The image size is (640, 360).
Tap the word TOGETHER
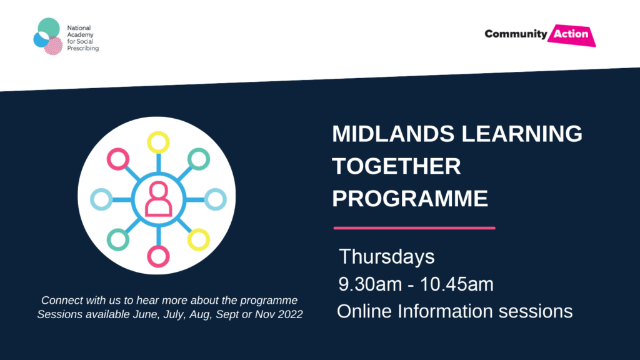[396, 166]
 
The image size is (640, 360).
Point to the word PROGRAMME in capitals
[410, 198]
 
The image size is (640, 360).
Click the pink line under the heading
[414, 228]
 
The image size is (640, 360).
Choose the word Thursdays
[386, 257]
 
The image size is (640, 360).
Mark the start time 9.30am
[370, 284]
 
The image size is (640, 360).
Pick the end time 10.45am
[457, 284]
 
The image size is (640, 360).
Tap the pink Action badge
[571, 35]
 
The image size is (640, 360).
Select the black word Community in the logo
[516, 34]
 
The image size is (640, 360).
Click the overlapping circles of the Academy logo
[48, 36]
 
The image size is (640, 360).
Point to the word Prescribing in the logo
[83, 49]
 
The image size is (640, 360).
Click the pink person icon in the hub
[158, 199]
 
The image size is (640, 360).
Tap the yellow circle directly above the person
[158, 142]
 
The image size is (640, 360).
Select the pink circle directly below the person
[158, 256]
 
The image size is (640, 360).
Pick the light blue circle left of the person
[101, 199]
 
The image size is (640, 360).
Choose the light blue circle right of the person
[216, 199]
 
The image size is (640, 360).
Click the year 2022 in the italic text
[291, 314]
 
